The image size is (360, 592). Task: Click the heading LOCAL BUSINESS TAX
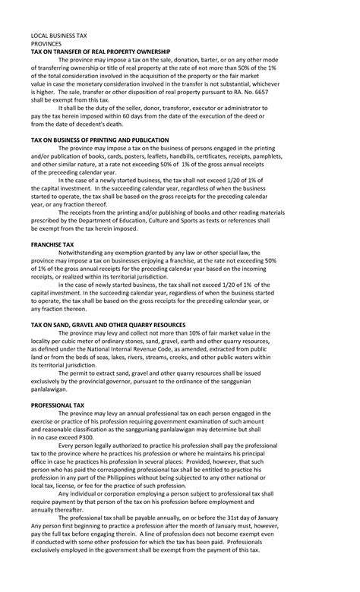[59, 36]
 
